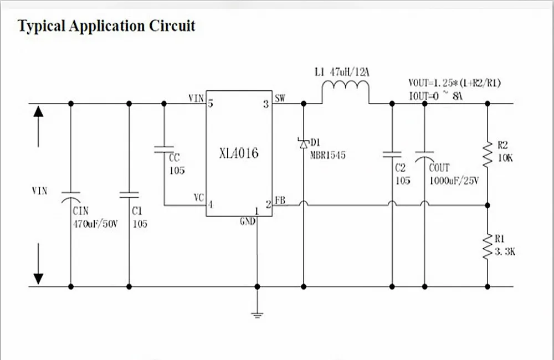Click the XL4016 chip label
click(x=239, y=153)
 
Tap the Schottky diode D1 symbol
click(x=303, y=143)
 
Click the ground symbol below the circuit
click(x=257, y=315)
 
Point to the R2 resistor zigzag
click(x=488, y=154)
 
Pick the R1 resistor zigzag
click(x=488, y=246)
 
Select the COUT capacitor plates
click(x=425, y=157)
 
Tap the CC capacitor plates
click(x=164, y=150)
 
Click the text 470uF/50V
click(x=95, y=224)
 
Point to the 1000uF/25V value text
click(x=454, y=181)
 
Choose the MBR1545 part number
click(x=328, y=156)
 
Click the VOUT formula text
click(x=455, y=83)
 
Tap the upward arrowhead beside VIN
click(x=38, y=112)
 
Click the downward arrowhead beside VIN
click(x=38, y=279)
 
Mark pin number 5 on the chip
click(x=211, y=104)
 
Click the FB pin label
click(x=280, y=200)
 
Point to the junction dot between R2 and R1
click(x=488, y=205)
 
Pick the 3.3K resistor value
click(x=505, y=252)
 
